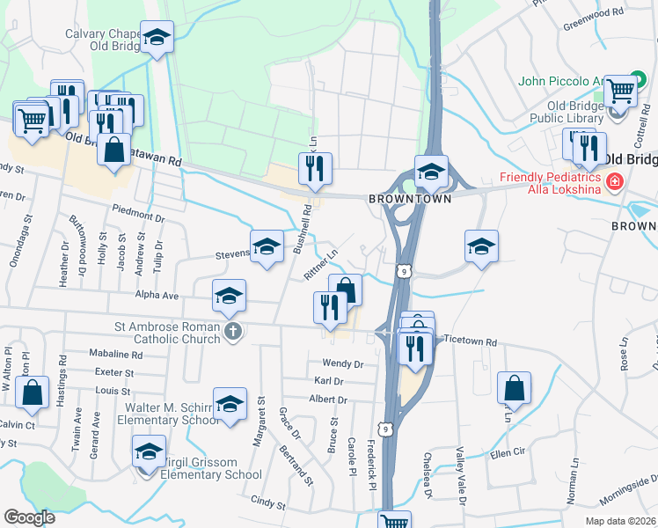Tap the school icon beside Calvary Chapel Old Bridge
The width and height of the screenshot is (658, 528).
pos(157,38)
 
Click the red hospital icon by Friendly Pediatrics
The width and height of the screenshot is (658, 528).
pos(614,182)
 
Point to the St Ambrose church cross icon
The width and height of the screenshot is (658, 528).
pos(231,331)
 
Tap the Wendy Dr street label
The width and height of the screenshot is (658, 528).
pos(343,363)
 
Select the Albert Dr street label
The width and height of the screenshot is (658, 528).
pos(329,400)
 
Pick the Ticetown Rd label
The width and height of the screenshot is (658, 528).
pos(471,341)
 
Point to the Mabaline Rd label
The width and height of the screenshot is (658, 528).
pos(116,356)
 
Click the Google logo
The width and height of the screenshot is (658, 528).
pos(30,517)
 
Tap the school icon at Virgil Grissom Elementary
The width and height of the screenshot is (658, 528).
pos(149,453)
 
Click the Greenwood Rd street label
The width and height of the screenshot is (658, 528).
pos(596,15)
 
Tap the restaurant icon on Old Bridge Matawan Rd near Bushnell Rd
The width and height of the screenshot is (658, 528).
pos(315,166)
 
